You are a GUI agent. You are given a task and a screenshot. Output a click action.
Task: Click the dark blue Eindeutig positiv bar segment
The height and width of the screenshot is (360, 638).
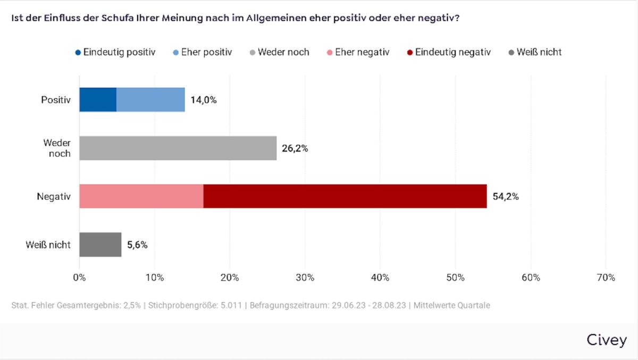tap(98, 100)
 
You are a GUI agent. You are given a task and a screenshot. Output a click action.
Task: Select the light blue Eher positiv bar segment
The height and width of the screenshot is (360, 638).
tap(150, 100)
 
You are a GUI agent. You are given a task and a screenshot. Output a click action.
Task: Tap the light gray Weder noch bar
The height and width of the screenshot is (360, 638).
tap(178, 148)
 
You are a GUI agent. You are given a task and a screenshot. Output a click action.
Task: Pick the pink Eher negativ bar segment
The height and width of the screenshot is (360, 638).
tap(141, 196)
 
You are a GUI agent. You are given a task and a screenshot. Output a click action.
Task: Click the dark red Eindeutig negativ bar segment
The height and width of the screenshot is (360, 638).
tap(345, 196)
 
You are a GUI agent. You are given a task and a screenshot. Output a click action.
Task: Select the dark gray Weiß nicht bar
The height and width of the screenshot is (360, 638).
tap(100, 245)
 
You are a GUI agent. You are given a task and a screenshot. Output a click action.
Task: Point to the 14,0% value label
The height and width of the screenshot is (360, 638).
tap(204, 100)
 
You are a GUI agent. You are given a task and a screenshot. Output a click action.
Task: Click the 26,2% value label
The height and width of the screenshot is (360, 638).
tap(295, 148)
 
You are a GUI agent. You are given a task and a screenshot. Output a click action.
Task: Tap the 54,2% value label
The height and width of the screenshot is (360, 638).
tap(506, 197)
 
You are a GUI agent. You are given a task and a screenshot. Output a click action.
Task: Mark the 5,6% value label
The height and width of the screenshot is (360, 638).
tap(137, 245)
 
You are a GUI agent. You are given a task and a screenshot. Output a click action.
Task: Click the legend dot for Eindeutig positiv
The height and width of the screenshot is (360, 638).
tap(78, 53)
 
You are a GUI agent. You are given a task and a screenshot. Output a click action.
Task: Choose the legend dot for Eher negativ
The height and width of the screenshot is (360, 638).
tap(330, 53)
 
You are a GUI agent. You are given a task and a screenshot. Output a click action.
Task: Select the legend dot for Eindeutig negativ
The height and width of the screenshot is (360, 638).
tap(410, 53)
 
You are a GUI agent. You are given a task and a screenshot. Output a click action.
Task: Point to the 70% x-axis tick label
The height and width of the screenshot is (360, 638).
tap(606, 278)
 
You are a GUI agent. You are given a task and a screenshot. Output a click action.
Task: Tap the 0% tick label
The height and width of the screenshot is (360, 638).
tap(79, 278)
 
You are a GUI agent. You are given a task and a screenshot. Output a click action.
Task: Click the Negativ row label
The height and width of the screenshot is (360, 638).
tap(54, 197)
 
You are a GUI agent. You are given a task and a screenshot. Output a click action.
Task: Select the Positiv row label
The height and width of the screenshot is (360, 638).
tap(56, 100)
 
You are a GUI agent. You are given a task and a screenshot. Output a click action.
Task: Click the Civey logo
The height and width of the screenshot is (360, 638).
tap(607, 340)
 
